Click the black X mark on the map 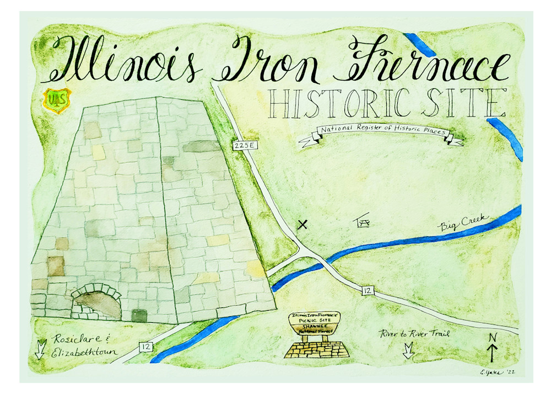coord(302,224)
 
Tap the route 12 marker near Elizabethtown coord(146,347)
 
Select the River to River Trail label coord(415,333)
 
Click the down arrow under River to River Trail coord(408,350)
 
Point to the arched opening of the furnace coord(97,305)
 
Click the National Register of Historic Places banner coord(380,133)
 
